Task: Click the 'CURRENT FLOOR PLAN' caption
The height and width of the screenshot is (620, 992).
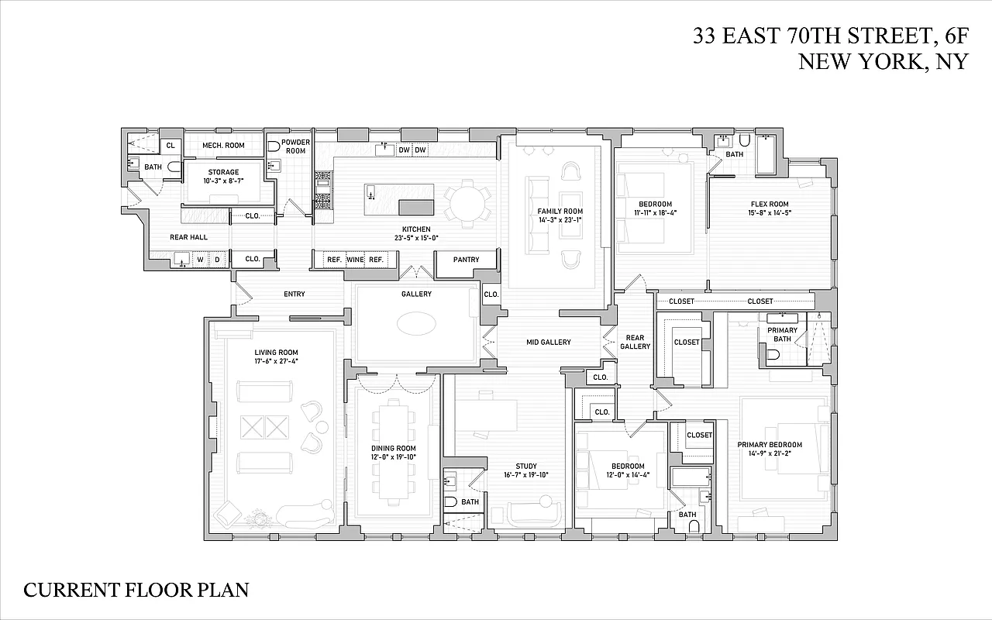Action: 136,590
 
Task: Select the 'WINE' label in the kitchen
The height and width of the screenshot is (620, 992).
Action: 355,260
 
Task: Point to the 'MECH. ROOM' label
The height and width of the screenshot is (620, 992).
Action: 223,146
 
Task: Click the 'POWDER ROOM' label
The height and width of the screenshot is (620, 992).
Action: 295,146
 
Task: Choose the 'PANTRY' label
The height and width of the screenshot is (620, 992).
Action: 466,260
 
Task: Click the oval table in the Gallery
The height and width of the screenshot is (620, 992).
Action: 416,324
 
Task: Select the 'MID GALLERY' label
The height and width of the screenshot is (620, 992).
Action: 548,342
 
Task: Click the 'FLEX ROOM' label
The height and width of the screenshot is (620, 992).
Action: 769,203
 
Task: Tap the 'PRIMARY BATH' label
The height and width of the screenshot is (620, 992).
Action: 782,335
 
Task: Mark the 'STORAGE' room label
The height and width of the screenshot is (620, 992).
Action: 223,172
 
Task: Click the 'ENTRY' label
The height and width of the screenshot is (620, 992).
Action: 294,294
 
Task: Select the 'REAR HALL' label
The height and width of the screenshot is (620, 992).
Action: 188,237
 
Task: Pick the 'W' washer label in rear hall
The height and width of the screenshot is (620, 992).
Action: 200,260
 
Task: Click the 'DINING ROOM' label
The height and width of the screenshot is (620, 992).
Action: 394,449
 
